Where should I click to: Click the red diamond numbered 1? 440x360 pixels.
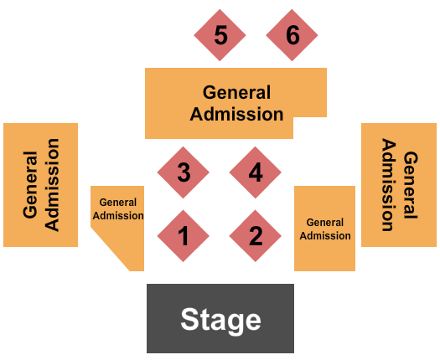point(184,236)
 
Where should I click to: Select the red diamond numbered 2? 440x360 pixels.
point(256,236)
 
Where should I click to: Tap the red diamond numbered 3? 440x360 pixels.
point(184,172)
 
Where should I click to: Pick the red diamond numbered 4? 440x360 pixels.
point(256,172)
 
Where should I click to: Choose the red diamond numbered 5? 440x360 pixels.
point(220,35)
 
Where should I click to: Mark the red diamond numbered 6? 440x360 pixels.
point(292,35)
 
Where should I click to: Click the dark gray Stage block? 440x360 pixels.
point(220,318)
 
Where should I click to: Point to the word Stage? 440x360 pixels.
point(221,320)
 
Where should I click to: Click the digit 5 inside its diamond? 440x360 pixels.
point(221,35)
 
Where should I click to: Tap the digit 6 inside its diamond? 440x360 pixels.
point(292,35)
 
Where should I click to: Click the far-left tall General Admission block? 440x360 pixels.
point(41,185)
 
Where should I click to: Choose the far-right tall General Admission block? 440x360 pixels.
point(399,185)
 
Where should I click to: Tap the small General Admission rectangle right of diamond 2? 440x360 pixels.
point(324,229)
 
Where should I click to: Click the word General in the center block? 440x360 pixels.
point(237,93)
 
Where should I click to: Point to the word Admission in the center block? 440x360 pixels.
point(237,114)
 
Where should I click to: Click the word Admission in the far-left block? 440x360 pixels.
point(52,185)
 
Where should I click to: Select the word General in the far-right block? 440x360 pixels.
point(411,185)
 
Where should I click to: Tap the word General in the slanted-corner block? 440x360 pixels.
point(118,202)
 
